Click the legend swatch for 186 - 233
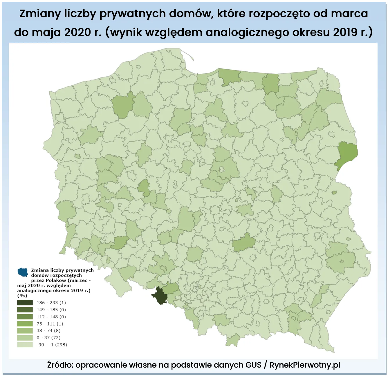(25, 303)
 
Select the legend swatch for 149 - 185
(25, 310)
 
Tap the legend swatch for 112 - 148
(25, 317)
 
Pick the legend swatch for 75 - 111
(25, 323)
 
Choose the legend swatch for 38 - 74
(25, 330)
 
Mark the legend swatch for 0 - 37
(25, 337)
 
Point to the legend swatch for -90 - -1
(25, 345)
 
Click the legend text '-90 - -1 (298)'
(52, 345)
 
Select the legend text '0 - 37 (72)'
(48, 338)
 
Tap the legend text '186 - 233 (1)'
(51, 303)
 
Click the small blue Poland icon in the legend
(23, 272)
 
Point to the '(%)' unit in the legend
(22, 296)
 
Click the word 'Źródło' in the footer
(60, 365)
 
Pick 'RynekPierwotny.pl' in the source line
(305, 365)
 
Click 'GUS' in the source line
(253, 365)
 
